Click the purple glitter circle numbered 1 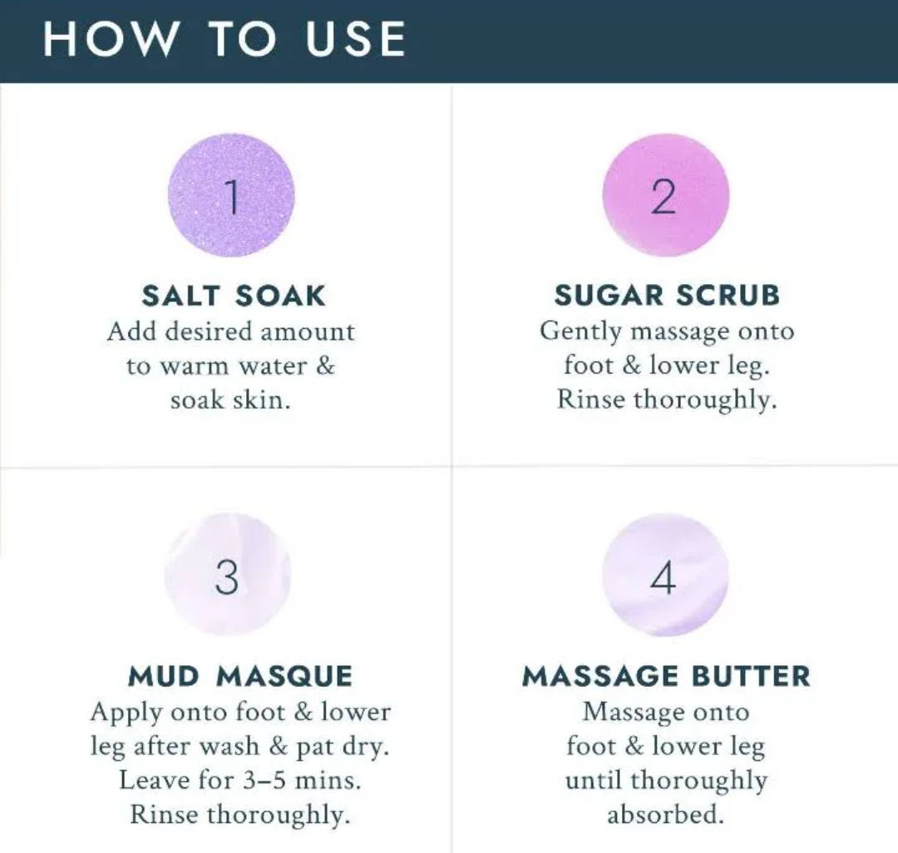232,195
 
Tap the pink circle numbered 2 665,195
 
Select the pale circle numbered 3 227,575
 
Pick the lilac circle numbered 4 665,575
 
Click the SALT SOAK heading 233,296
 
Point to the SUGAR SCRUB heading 667,296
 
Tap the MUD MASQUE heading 240,676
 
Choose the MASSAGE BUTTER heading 666,676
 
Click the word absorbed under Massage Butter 665,816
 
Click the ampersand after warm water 325,366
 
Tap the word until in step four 594,781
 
